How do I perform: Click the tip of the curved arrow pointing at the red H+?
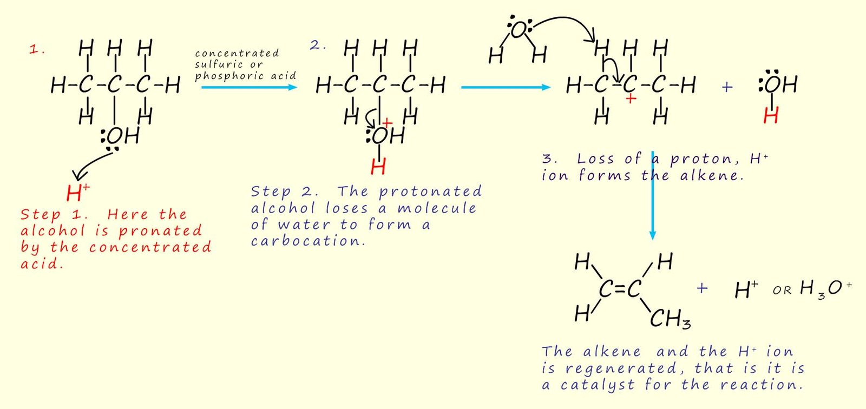pyautogui.click(x=77, y=180)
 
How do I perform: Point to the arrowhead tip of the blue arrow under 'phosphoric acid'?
pyautogui.click(x=297, y=87)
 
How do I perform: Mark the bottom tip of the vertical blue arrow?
pyautogui.click(x=653, y=240)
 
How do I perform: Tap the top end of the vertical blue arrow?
pyautogui.click(x=653, y=151)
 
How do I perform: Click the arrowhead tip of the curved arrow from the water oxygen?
pyautogui.click(x=594, y=41)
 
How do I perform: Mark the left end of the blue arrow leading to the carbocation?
pyautogui.click(x=462, y=87)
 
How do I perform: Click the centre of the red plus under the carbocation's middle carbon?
pyautogui.click(x=631, y=99)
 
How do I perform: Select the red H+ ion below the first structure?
pyautogui.click(x=78, y=192)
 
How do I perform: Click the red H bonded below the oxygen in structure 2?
pyautogui.click(x=378, y=167)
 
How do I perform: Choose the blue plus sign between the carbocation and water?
pyautogui.click(x=727, y=87)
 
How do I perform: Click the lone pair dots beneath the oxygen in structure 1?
pyautogui.click(x=113, y=148)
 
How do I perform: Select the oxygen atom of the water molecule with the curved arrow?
pyautogui.click(x=519, y=30)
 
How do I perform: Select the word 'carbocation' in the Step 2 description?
pyautogui.click(x=307, y=241)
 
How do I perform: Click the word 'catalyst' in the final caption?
pyautogui.click(x=598, y=385)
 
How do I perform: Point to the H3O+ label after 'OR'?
pyautogui.click(x=826, y=288)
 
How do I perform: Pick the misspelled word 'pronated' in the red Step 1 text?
pyautogui.click(x=160, y=231)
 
